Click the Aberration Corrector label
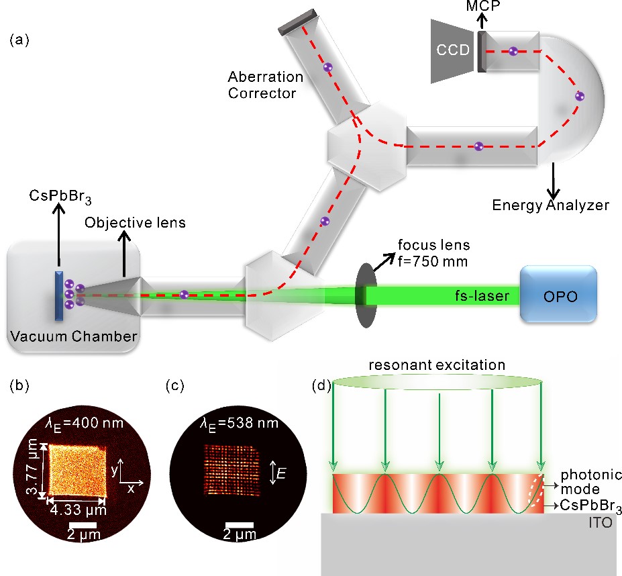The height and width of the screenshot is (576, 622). (x=266, y=85)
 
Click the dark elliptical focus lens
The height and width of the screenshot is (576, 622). (x=363, y=295)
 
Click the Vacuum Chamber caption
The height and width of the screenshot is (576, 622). (x=73, y=336)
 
